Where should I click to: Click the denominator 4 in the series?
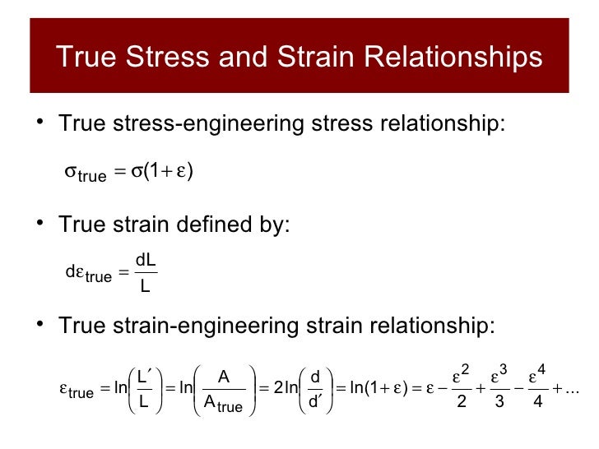point(537,403)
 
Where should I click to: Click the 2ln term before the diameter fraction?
point(282,388)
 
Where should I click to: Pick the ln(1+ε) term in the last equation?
point(378,388)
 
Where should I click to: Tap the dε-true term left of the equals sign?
point(88,274)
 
